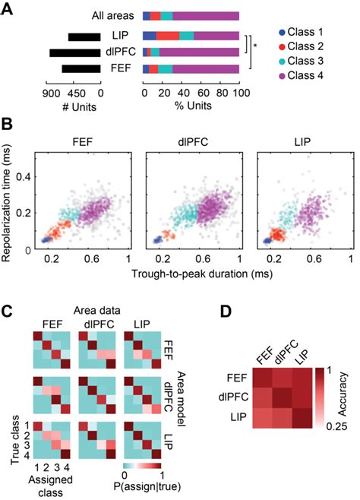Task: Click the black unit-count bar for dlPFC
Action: [75, 52]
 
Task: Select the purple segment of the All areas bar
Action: [206, 15]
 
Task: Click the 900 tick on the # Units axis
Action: [52, 85]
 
